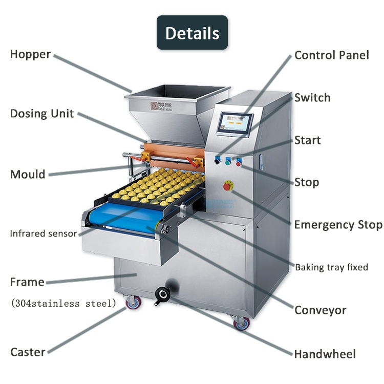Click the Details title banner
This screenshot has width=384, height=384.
[x=192, y=33]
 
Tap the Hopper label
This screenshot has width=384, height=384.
[x=30, y=54]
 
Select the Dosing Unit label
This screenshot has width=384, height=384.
[x=42, y=114]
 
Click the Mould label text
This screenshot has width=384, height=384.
[x=28, y=174]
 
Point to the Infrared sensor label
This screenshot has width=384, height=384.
[x=43, y=234]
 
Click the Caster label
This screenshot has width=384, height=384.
[x=28, y=352]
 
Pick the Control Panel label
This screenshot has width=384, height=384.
[x=331, y=55]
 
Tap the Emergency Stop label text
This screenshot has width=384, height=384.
[x=338, y=225]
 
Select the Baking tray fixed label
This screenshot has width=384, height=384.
[x=331, y=267]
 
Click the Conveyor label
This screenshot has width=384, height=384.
[x=320, y=310]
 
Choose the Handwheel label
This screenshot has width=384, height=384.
[x=325, y=354]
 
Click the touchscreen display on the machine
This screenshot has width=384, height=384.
[x=236, y=123]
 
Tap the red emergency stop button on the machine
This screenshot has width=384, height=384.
[x=228, y=186]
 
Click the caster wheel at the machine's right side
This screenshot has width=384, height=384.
[x=240, y=323]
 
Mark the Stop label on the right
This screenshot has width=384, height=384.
[x=306, y=182]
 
